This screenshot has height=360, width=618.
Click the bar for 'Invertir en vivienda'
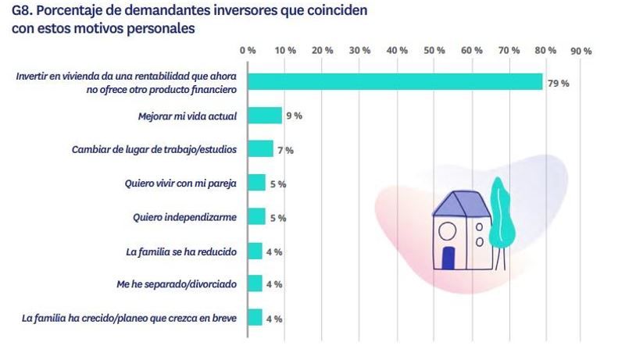pyautogui.click(x=395, y=82)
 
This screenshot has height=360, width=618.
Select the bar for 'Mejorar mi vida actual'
pyautogui.click(x=265, y=116)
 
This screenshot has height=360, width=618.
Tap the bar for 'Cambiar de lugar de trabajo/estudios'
pyautogui.click(x=260, y=149)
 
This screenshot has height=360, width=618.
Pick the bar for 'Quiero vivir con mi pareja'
pyautogui.click(x=256, y=184)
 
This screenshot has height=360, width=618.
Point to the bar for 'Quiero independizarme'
pyautogui.click(x=256, y=217)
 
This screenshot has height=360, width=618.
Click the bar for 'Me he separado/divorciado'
pyautogui.click(x=255, y=284)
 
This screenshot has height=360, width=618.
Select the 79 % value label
pyautogui.click(x=558, y=83)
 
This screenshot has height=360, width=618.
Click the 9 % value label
pyautogui.click(x=294, y=116)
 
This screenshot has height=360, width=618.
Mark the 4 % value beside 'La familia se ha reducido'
pyautogui.click(x=273, y=251)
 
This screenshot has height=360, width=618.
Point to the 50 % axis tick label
pyautogui.click(x=434, y=50)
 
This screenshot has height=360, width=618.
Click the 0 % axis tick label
pyautogui.click(x=248, y=50)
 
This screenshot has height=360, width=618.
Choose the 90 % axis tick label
pyautogui.click(x=581, y=50)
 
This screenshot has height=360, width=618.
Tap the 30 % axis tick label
pyautogui.click(x=360, y=50)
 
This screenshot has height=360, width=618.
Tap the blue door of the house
pyautogui.click(x=448, y=258)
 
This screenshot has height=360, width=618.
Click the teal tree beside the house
pyautogui.click(x=497, y=212)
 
